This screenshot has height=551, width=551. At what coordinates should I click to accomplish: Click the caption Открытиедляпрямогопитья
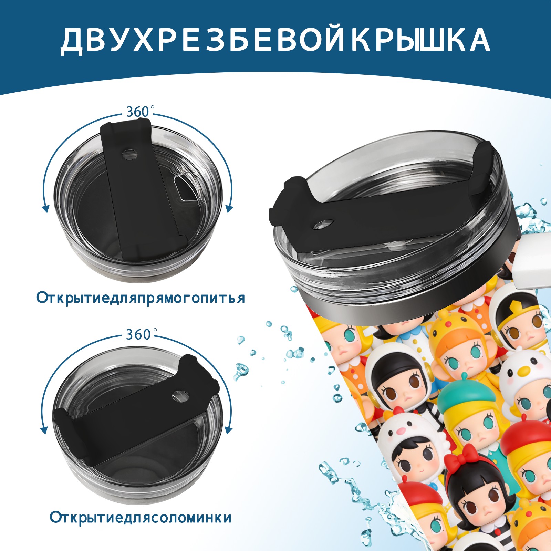point(141,298)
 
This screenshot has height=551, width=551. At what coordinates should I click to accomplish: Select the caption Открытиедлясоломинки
point(141,517)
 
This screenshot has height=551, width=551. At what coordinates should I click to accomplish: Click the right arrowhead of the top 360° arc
point(230,208)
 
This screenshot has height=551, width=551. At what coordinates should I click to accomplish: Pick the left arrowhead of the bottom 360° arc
point(44,430)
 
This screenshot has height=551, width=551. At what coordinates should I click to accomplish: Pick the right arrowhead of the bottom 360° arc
point(228,430)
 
